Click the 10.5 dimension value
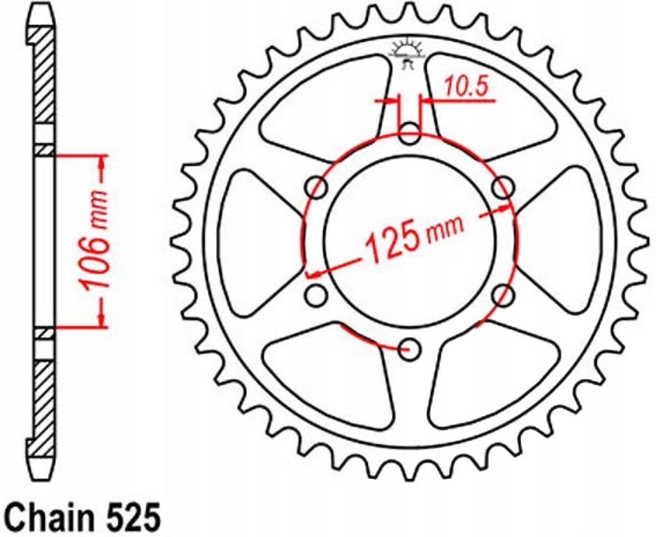(465, 87)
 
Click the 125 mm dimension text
(414, 240)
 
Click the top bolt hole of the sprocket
(410, 134)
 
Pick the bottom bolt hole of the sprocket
(410, 349)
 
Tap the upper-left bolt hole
(317, 187)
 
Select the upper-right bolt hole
(503, 187)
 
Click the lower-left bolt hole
(316, 295)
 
